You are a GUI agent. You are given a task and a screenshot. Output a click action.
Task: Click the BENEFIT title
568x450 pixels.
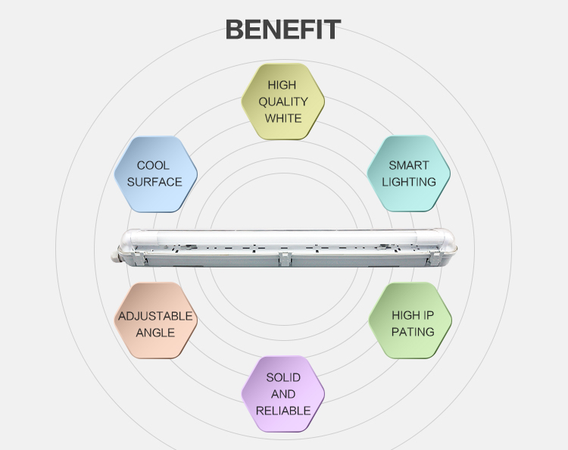283,30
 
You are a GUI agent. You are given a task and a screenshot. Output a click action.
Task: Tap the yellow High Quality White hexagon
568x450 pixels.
283,102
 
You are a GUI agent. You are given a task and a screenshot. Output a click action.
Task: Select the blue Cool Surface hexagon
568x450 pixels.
156,174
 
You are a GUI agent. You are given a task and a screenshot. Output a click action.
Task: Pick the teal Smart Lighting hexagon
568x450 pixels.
409,173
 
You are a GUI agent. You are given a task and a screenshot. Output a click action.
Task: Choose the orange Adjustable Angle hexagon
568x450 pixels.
156,320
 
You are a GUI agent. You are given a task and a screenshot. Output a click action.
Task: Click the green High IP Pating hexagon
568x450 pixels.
410,320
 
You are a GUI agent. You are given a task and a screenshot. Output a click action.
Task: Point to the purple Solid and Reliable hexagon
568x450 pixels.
283,394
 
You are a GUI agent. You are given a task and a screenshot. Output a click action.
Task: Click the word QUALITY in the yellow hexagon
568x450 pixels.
283,102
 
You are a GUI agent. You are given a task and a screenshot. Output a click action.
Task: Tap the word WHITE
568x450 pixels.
283,118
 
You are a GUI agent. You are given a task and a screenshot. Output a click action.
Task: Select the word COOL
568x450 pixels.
153,165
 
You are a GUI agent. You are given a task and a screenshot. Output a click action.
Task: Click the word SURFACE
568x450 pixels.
154,182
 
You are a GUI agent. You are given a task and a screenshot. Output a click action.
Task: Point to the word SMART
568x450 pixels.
409,165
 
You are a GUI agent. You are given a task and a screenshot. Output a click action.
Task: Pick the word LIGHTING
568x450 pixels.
409,182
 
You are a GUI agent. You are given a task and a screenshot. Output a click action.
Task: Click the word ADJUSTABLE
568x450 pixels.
155,316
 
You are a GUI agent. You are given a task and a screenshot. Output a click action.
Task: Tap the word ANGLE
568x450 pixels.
155,333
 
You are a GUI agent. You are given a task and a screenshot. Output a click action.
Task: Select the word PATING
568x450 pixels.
413,332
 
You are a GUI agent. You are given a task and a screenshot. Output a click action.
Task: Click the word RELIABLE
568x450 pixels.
283,411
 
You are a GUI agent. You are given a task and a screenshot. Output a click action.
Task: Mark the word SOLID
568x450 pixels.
283,377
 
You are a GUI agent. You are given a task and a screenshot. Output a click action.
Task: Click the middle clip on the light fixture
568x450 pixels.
285,258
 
